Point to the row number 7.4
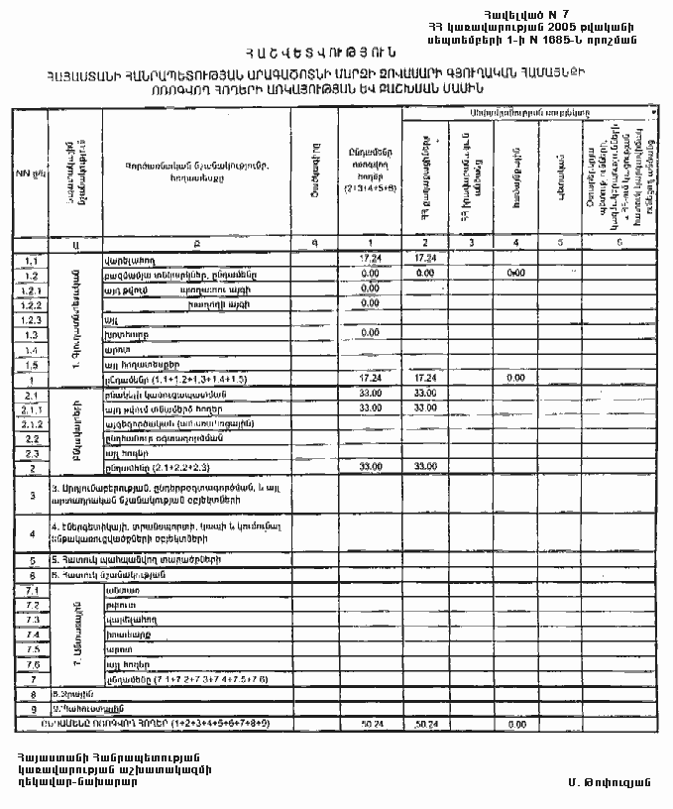[x=31, y=633]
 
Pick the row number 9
[x=31, y=710]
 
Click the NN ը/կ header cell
[x=31, y=174]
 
